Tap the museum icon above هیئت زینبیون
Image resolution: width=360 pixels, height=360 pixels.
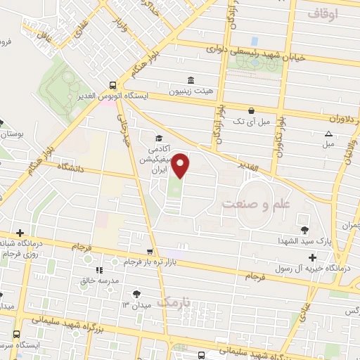[x=189, y=79]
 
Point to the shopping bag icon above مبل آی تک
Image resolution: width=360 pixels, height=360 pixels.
[x=251, y=110]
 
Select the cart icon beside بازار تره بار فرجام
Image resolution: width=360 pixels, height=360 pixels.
[x=149, y=252]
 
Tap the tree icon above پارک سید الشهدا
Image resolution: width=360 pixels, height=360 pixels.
[x=304, y=230]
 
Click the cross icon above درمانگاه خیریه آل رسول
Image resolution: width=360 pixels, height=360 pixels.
[x=312, y=257]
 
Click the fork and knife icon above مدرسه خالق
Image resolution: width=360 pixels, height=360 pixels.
[x=99, y=269]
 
